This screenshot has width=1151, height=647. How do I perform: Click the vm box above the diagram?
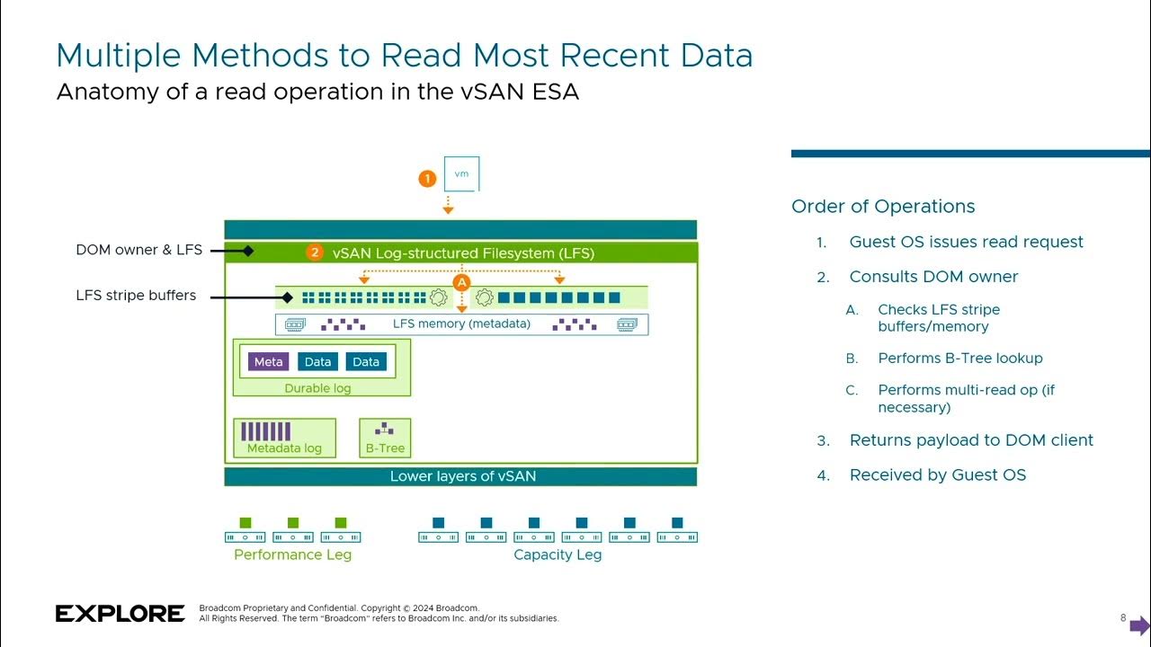pos(461,173)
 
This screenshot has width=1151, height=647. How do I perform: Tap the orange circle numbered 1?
pos(427,179)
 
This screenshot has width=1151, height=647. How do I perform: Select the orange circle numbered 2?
pos(314,253)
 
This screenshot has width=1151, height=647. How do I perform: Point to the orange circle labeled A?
pos(461,282)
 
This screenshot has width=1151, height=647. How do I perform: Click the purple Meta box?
pos(268,361)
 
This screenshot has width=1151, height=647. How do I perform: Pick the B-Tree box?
pos(385,437)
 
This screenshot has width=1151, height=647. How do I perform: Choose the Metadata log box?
pos(284,437)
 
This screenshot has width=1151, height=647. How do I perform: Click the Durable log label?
pos(317,388)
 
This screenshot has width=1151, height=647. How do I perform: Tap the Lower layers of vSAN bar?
pos(460,476)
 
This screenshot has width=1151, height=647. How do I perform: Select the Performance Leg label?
pos(292,554)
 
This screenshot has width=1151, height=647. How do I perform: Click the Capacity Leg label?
pos(558,554)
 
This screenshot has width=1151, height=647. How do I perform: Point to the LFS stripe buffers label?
pos(136,295)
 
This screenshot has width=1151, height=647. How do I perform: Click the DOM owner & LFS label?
pos(139,250)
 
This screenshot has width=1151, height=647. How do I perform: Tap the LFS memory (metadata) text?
pos(461,323)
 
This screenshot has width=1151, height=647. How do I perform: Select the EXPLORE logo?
pos(120,614)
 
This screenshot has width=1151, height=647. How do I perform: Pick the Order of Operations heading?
pos(883,206)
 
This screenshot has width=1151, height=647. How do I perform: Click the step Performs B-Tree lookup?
pos(960,358)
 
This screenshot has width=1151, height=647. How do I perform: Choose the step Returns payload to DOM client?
pos(971,440)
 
